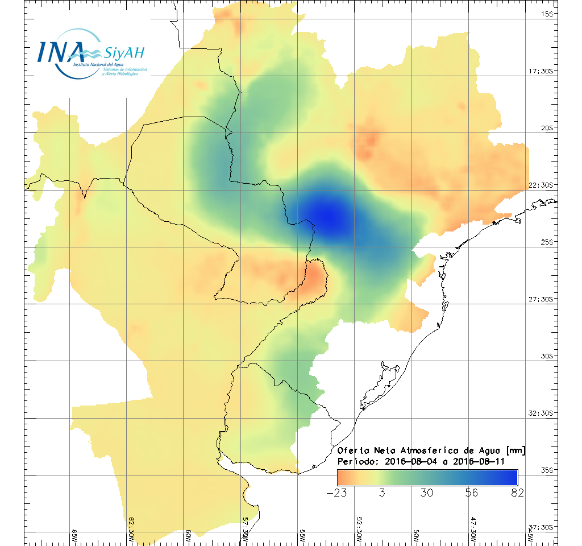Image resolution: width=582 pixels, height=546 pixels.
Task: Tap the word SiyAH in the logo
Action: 124,53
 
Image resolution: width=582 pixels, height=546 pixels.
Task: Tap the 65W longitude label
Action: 74,536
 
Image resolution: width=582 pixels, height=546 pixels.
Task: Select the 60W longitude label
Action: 188,536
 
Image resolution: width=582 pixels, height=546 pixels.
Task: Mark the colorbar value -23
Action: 337,493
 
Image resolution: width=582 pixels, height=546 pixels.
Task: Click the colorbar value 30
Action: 426,493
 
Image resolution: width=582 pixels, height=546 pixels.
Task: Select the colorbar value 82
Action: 517,493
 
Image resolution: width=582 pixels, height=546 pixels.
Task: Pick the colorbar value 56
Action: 471,493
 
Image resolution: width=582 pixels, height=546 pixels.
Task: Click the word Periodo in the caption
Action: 356,461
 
